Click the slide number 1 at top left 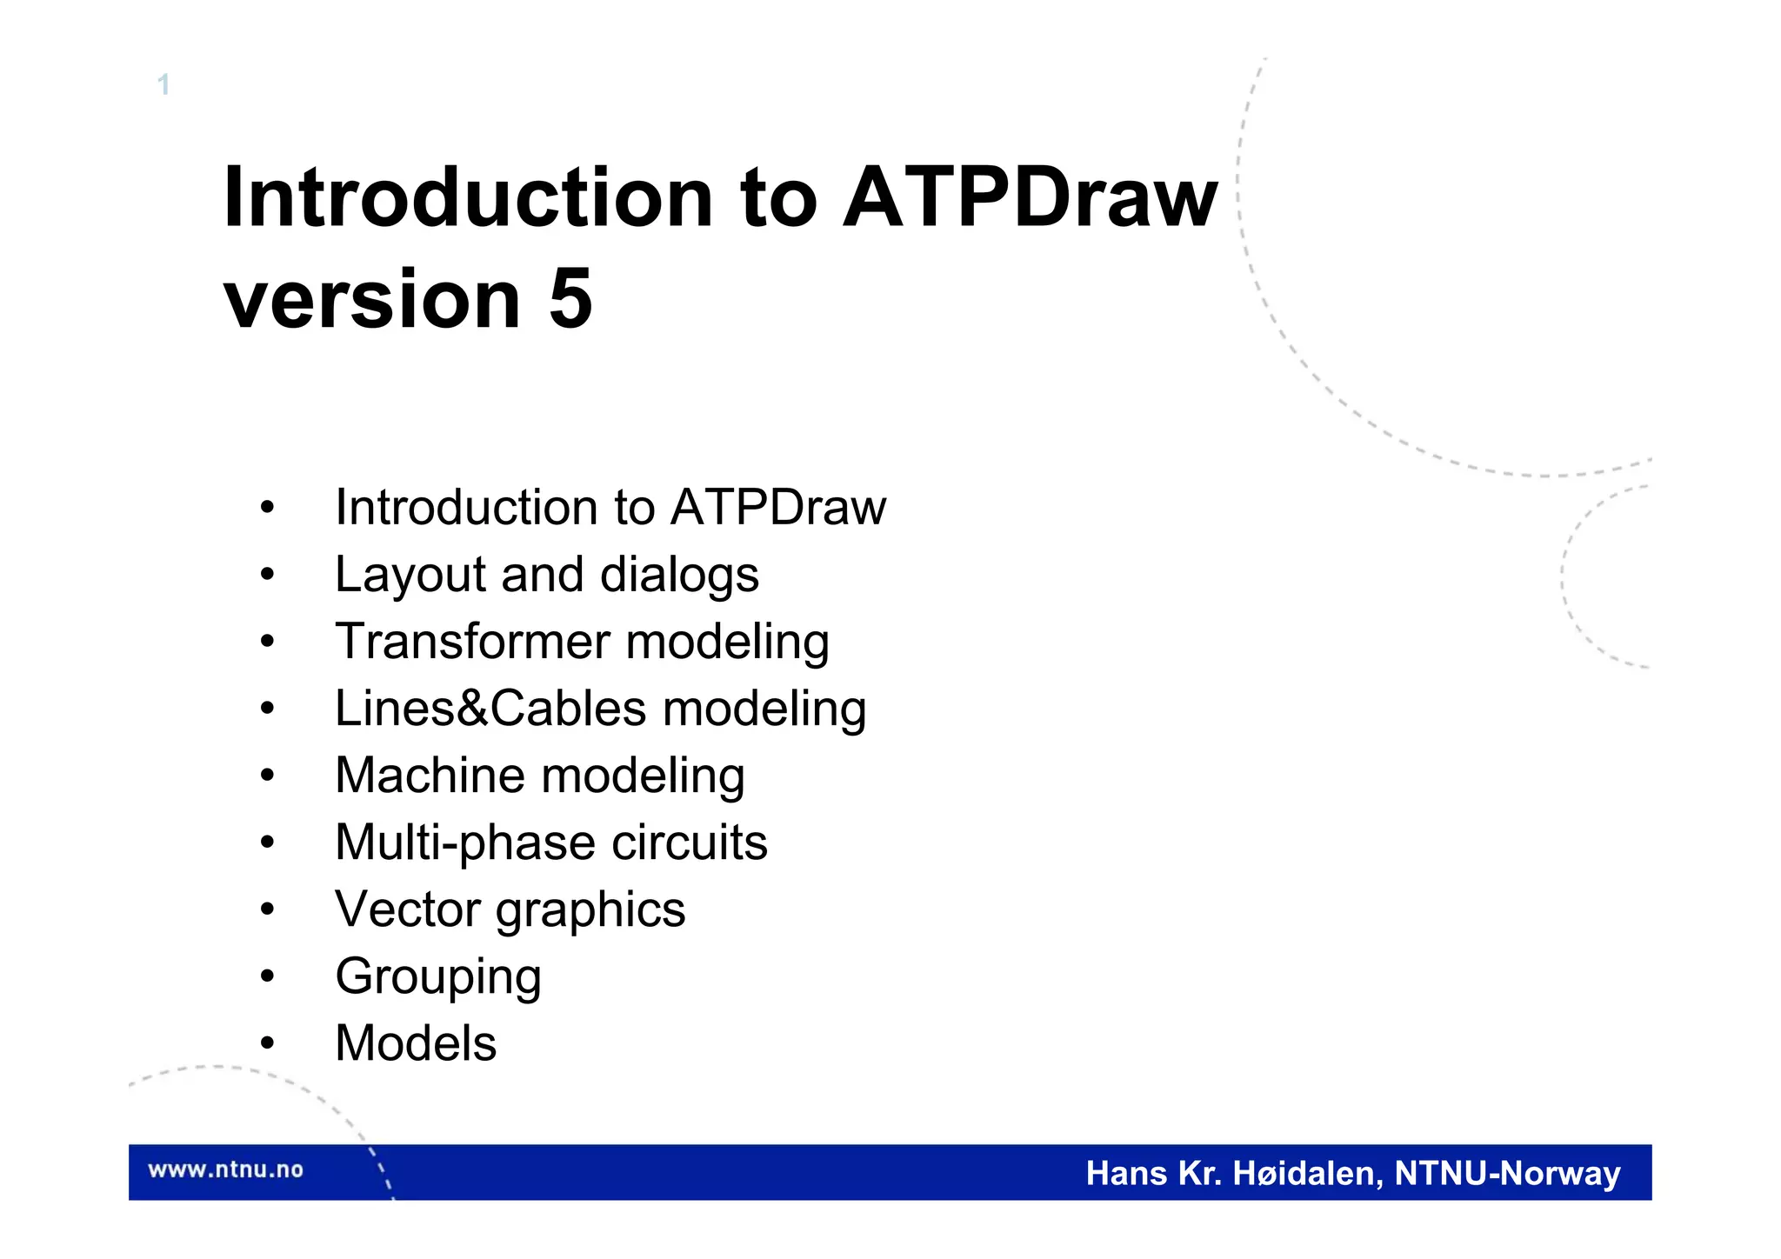163,85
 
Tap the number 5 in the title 570,299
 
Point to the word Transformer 472,642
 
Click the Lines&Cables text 490,709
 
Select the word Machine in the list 429,776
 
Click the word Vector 407,909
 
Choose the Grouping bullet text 438,977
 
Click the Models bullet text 416,1043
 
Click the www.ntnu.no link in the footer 225,1170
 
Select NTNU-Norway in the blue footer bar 1507,1174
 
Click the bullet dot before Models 267,1043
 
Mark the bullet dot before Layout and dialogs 267,575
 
